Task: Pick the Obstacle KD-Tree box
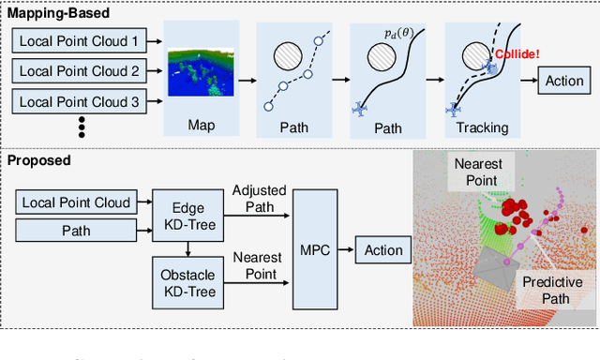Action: pyautogui.click(x=189, y=284)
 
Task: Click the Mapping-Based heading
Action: pyautogui.click(x=58, y=13)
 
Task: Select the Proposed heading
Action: pyautogui.click(x=39, y=160)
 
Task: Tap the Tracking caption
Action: pyautogui.click(x=482, y=126)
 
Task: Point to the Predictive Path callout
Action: pyautogui.click(x=551, y=291)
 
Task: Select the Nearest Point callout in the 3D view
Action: pyautogui.click(x=478, y=172)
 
